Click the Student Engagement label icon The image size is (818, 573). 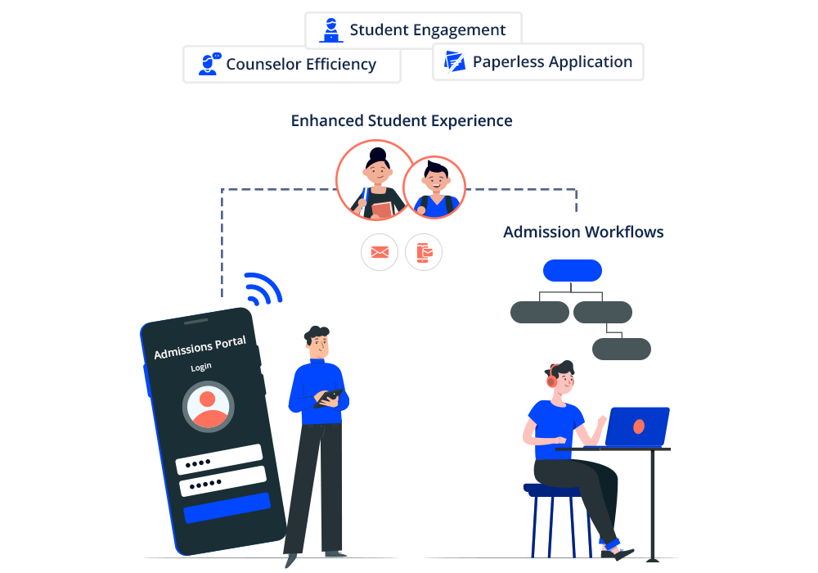pos(330,30)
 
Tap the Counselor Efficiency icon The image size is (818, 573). pos(209,63)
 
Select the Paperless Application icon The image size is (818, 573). pos(454,61)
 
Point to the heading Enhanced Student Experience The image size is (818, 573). pos(402,121)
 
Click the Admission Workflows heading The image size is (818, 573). pos(583,232)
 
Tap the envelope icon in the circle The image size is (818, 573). pos(380,252)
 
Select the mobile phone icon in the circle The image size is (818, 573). pos(424,252)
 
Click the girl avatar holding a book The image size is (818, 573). pos(375,180)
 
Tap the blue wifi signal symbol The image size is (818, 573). pos(263,288)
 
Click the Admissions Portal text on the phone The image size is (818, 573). pos(200,347)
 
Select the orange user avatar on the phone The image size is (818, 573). pos(209,407)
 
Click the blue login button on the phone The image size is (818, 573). pos(227,508)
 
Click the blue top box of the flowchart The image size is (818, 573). pos(572,270)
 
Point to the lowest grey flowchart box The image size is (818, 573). pos(621,349)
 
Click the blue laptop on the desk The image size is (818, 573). pos(637,426)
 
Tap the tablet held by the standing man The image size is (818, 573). pos(328,397)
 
